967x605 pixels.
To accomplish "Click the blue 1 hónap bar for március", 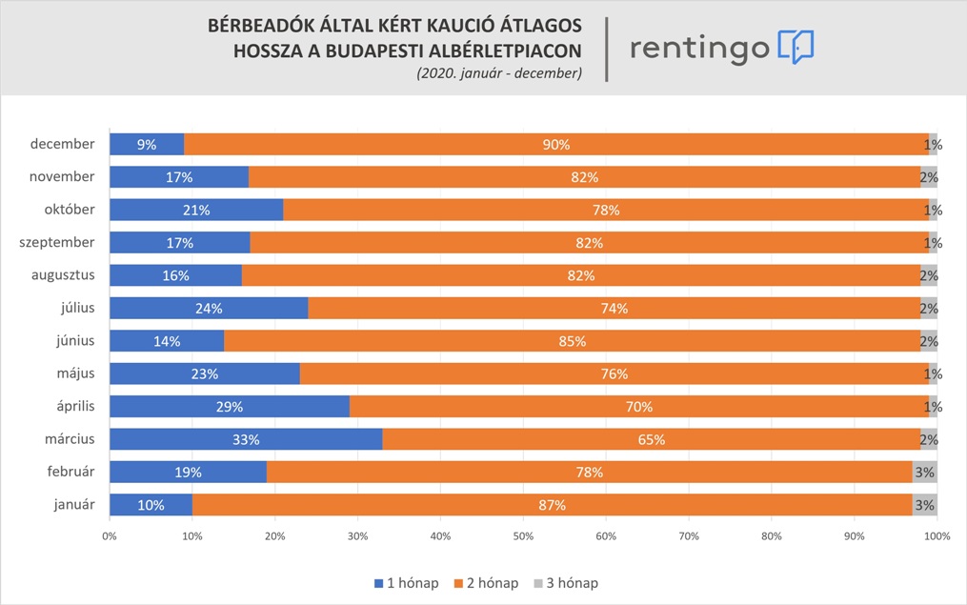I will pyautogui.click(x=246, y=439).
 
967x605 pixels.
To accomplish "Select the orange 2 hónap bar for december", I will pyautogui.click(x=555, y=145).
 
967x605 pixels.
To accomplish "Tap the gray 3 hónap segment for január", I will pyautogui.click(x=924, y=505).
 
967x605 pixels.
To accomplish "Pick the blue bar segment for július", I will pyautogui.click(x=209, y=309).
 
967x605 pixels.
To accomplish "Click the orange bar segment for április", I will pyautogui.click(x=638, y=407).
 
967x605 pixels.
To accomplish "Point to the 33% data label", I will pyautogui.click(x=246, y=440).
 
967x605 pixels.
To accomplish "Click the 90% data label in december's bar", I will pyautogui.click(x=555, y=145).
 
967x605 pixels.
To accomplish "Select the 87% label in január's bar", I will pyautogui.click(x=552, y=505).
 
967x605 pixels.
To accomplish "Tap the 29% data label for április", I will pyautogui.click(x=230, y=407).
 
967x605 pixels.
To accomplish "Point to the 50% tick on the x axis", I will pyautogui.click(x=523, y=536).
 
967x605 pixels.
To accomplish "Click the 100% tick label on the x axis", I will pyautogui.click(x=937, y=536).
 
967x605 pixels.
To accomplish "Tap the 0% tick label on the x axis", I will pyautogui.click(x=110, y=536).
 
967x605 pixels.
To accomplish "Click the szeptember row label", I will pyautogui.click(x=57, y=243).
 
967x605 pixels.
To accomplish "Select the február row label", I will pyautogui.click(x=69, y=472).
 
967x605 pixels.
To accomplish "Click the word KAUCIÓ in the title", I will pyautogui.click(x=422, y=25).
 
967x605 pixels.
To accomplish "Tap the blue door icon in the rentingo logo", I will pyautogui.click(x=796, y=47).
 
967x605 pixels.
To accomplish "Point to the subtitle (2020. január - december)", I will pyautogui.click(x=498, y=72).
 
